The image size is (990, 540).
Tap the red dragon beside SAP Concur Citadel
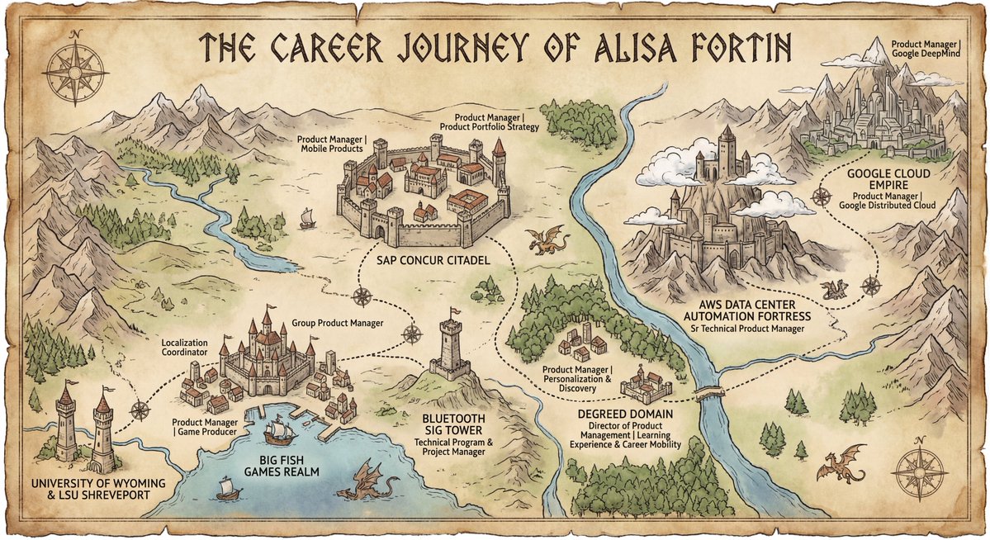coord(547,239)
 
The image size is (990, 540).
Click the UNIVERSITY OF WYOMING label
coord(88,482)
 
